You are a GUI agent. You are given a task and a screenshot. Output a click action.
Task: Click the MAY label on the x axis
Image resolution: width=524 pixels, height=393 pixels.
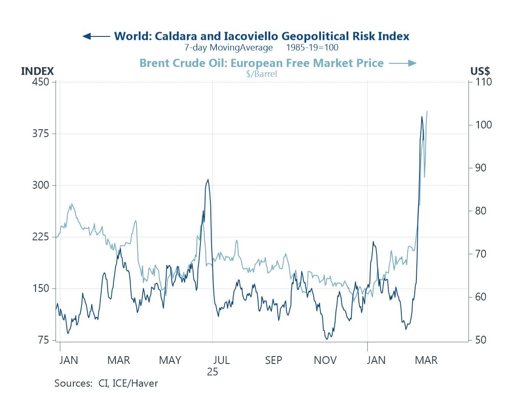click(x=170, y=360)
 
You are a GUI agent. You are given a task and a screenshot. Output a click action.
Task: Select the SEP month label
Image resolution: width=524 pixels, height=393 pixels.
click(x=274, y=360)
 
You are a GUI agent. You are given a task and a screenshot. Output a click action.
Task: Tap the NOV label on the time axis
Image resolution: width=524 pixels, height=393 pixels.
click(x=325, y=360)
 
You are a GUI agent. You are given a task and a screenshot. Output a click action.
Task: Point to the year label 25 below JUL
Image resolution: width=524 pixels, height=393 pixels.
click(x=212, y=372)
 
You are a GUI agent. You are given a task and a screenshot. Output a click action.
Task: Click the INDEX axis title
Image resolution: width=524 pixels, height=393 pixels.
click(x=37, y=72)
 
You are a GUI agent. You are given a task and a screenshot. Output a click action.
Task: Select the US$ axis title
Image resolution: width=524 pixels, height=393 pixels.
click(x=480, y=72)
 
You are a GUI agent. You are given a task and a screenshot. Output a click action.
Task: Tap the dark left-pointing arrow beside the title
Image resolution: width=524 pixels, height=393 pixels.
click(x=96, y=36)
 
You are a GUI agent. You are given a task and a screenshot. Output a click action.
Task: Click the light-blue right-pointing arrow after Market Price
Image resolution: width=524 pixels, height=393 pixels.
click(x=403, y=63)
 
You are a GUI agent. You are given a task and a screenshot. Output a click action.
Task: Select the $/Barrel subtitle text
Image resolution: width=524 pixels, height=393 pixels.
click(x=261, y=74)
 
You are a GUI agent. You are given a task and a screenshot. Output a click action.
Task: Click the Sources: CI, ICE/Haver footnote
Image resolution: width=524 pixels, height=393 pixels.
click(x=106, y=383)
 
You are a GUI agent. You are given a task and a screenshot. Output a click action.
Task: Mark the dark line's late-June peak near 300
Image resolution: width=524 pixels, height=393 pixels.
click(x=208, y=179)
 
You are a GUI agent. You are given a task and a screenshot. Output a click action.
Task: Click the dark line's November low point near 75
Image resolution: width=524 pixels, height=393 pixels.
click(x=326, y=339)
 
